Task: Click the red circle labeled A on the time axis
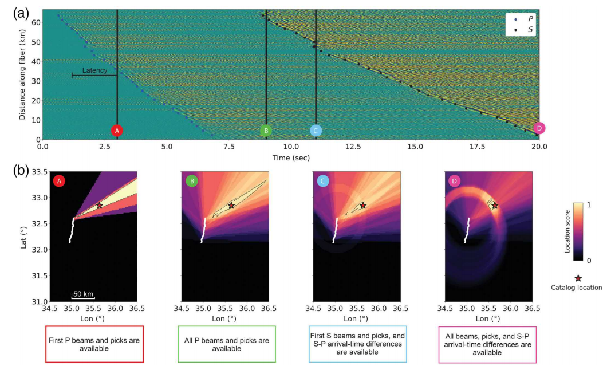click(x=117, y=131)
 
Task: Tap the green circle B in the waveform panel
click(x=266, y=131)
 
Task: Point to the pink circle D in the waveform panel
click(x=538, y=128)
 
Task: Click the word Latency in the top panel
click(x=94, y=70)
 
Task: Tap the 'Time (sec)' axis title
click(x=290, y=156)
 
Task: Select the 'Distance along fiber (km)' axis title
click(x=22, y=74)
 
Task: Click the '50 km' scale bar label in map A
click(x=83, y=294)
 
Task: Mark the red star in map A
click(x=100, y=205)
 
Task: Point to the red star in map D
click(x=495, y=205)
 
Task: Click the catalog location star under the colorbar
click(x=578, y=278)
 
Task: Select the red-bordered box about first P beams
click(x=94, y=344)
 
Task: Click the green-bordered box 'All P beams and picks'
click(x=226, y=344)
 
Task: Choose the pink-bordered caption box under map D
click(x=489, y=344)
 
